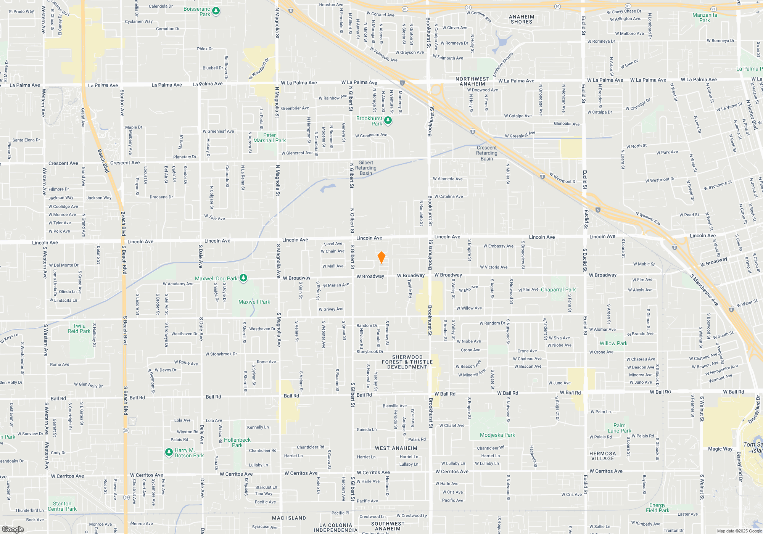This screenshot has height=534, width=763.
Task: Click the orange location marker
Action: [x=381, y=257]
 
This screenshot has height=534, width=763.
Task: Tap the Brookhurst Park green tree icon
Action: [x=388, y=121]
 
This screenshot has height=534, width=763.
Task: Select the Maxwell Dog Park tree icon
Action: [x=243, y=278]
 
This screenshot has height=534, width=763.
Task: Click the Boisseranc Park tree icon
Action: [x=216, y=11]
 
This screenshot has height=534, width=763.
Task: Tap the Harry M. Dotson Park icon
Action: [x=169, y=452]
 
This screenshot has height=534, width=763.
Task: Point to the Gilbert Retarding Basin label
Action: [x=365, y=168]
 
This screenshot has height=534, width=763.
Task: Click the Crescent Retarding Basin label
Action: [x=486, y=153]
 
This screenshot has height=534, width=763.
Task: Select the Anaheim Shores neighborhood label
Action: [x=522, y=19]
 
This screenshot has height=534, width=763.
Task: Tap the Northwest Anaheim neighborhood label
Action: [x=472, y=81]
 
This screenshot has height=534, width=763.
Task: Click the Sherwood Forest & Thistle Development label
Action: [x=407, y=362]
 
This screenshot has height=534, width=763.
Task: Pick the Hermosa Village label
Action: [x=603, y=456]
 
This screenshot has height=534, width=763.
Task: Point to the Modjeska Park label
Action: [x=497, y=435]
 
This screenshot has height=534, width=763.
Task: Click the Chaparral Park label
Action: [x=558, y=290]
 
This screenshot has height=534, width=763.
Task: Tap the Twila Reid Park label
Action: [x=79, y=328]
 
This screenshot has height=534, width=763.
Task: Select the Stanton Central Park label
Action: [x=62, y=506]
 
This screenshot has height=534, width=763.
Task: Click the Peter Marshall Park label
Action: [x=269, y=138]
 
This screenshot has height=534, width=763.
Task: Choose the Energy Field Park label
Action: [x=657, y=508]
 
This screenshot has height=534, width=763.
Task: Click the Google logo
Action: [x=13, y=529]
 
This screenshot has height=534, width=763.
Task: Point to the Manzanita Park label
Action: [x=705, y=18]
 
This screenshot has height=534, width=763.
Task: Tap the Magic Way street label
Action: [x=720, y=449]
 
